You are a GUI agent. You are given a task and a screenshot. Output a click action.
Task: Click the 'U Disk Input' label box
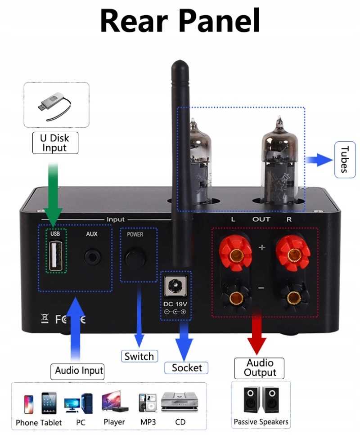(x=55, y=143)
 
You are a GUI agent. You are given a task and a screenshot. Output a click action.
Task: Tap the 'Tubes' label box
(x=345, y=159)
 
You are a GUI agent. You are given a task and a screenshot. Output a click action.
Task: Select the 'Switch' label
(x=139, y=356)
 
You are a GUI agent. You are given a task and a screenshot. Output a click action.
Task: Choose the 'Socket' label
(x=187, y=368)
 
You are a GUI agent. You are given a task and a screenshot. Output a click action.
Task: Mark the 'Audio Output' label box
(x=260, y=368)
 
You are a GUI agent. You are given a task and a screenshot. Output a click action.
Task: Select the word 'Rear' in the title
(x=134, y=20)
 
